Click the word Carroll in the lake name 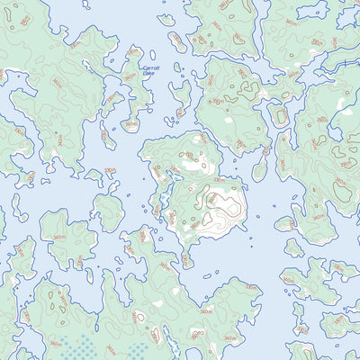pyautogui.click(x=154, y=67)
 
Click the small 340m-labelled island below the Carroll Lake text pyautogui.click(x=131, y=125)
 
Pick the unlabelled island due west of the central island pyautogui.click(x=108, y=212)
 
